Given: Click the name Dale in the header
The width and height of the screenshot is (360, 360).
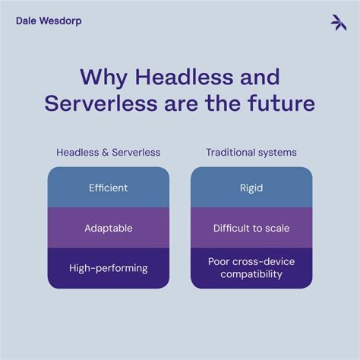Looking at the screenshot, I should (27, 21).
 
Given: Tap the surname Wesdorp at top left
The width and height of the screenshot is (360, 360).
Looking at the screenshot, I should (62, 21).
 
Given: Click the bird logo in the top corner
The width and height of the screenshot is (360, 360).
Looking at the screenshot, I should (338, 23).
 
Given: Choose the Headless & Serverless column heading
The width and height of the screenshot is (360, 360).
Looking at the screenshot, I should (109, 152).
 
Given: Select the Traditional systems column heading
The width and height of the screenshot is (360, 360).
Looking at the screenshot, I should (251, 152).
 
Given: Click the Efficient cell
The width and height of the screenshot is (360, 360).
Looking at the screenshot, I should (109, 187).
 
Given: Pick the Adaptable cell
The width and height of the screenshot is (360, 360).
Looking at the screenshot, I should (109, 227).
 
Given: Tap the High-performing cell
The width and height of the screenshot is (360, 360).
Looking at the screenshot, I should (109, 267).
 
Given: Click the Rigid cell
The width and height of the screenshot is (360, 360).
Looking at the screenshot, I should (251, 187).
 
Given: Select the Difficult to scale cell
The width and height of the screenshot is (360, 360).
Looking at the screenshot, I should (251, 227).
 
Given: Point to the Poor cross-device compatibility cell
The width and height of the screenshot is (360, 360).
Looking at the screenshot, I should (251, 267).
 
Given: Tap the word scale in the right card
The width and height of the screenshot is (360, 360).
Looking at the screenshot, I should (276, 227).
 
